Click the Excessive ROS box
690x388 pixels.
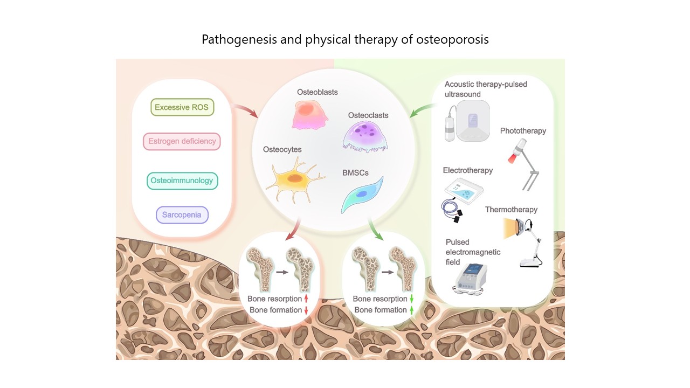pos(182,107)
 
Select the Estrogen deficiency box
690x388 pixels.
pos(182,142)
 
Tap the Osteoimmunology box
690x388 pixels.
pos(182,181)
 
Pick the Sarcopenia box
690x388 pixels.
pos(182,214)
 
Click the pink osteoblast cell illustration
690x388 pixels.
pos(309,114)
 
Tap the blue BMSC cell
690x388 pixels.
pos(362,195)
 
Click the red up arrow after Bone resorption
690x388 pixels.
pos(306,299)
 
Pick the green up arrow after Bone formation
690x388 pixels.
pos(411,310)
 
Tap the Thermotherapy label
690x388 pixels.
pos(511,210)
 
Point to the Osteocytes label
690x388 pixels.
pos(282,149)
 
